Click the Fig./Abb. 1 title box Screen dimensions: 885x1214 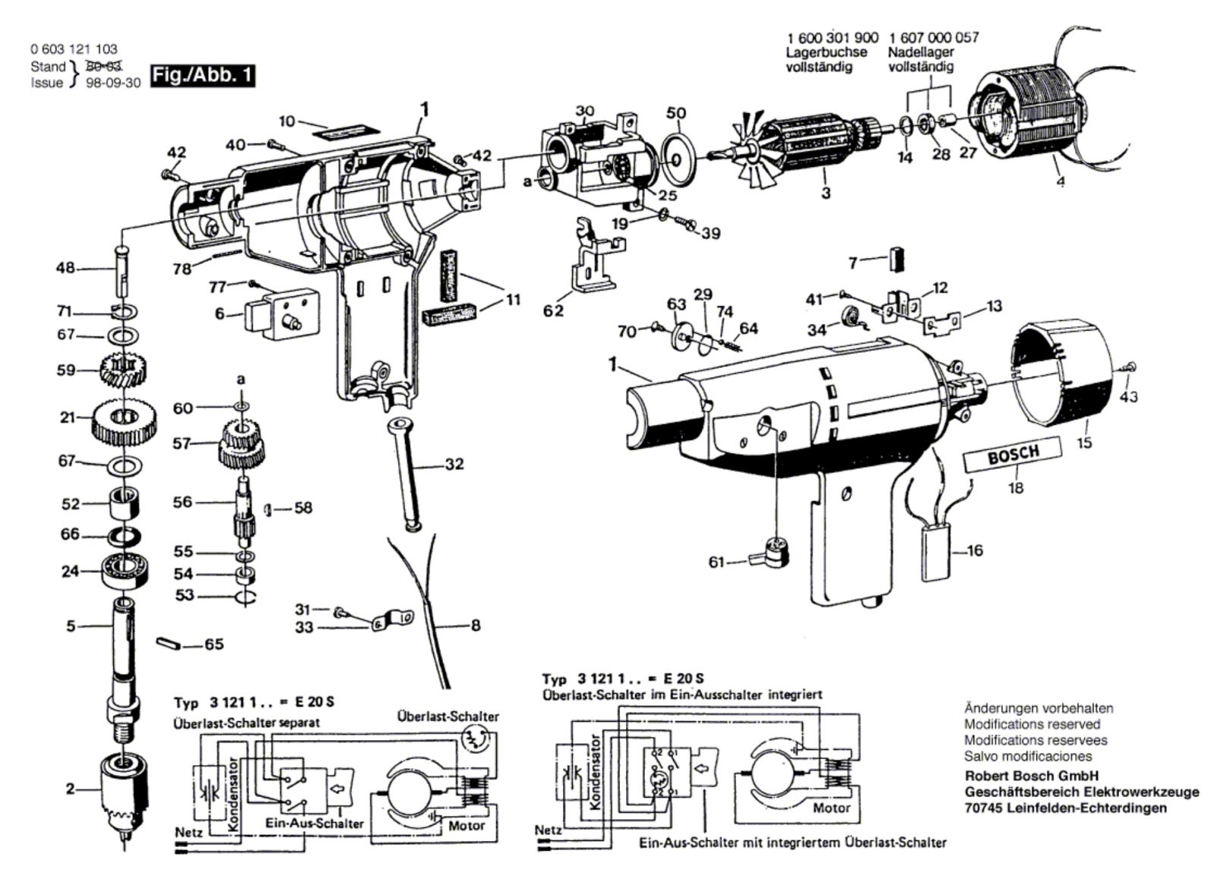coord(203,75)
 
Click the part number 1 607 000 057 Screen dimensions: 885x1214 coord(933,37)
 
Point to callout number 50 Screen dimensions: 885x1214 coord(676,113)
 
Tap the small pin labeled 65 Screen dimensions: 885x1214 coord(167,643)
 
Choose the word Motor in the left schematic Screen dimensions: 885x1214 coord(466,825)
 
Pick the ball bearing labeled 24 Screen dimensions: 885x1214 coord(123,569)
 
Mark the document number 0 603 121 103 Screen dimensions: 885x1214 coord(74,49)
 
